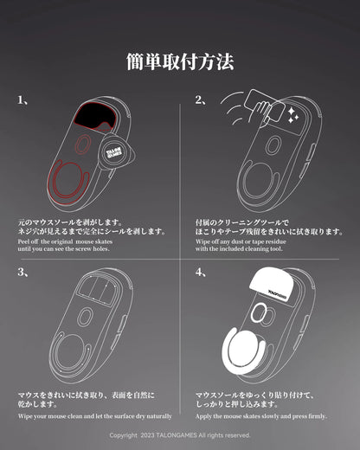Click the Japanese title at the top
pos(180,62)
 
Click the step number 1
pos(21,100)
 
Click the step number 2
pos(200,100)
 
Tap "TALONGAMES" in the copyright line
pos(171,435)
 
